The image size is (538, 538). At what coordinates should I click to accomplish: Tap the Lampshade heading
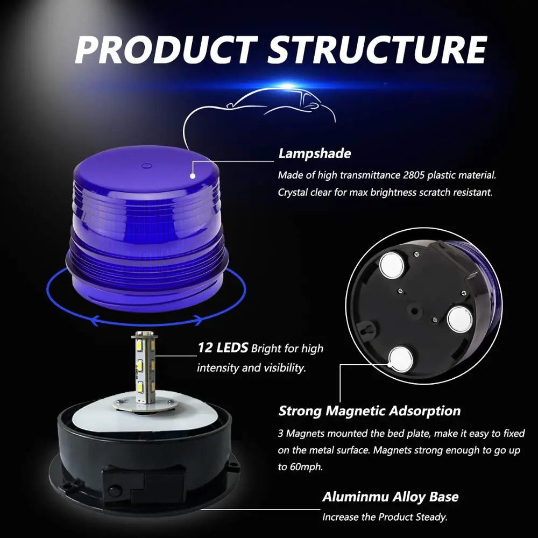[314, 153]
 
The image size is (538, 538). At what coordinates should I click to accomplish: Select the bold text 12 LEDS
[223, 348]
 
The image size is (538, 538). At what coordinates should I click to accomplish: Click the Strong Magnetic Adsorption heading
[369, 411]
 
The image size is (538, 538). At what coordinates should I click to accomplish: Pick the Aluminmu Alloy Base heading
[390, 497]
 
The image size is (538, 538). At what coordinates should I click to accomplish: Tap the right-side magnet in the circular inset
[459, 318]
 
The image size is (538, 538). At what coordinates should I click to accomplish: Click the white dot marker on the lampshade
[192, 174]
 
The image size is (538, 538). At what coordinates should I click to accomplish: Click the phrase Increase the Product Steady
[384, 518]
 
